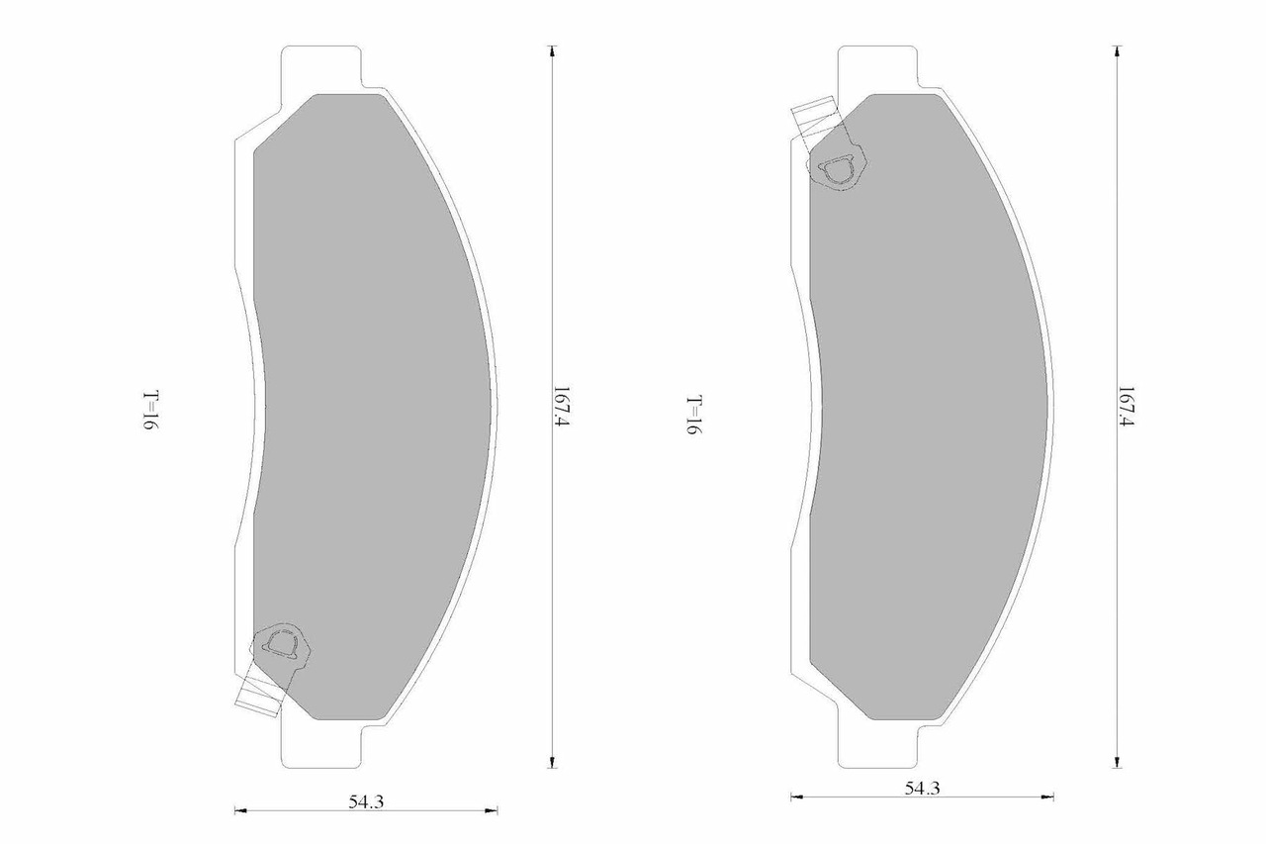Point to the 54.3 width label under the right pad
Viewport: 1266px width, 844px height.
(921, 788)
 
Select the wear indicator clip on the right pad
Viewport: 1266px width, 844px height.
(837, 169)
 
